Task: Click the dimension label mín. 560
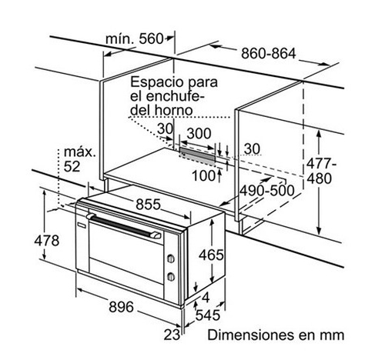coord(134,39)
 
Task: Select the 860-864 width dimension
coord(269,54)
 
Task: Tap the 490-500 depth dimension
coord(267,191)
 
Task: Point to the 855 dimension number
coord(148,205)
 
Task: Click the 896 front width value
coord(121,307)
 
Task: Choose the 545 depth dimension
coord(208,315)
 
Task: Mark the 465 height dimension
coord(211,255)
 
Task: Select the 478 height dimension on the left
coord(47,241)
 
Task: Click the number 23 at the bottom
coord(172,335)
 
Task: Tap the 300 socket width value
coord(199,133)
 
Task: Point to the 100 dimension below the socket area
coord(203,176)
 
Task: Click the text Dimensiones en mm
coord(276,335)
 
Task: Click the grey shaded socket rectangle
coord(197,156)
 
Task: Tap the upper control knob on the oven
coord(171,258)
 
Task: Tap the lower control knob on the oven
coord(171,277)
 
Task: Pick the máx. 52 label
coord(79,159)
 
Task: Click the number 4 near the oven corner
coord(206,298)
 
